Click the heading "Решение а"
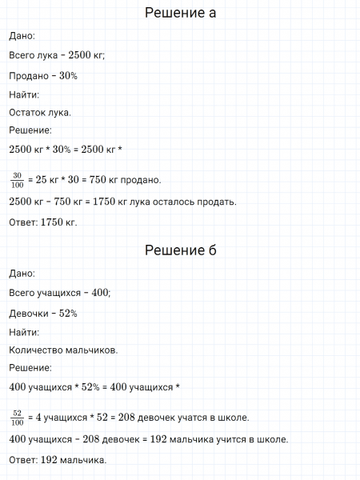point(180,14)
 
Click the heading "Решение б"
point(180,250)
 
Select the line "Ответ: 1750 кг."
point(42,222)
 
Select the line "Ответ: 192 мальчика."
point(58,460)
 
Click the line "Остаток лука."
point(40,112)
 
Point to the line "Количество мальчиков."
point(64,350)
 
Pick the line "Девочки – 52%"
point(43,313)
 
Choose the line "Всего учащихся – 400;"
point(60,292)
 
